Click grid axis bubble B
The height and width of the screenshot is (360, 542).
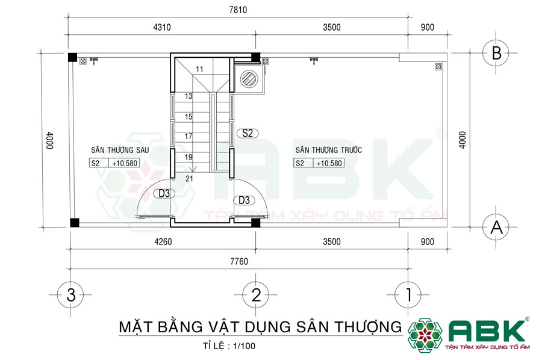[x=497, y=52]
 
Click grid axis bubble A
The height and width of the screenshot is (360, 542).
[x=497, y=227]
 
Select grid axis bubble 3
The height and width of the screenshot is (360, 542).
[x=71, y=294]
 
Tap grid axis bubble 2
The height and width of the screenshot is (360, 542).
[x=256, y=294]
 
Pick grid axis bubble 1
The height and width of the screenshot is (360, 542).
[x=409, y=294]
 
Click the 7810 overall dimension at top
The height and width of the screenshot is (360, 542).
[x=238, y=10]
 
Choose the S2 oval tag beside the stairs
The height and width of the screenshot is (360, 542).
[x=247, y=134]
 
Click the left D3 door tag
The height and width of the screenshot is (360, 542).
[x=163, y=193]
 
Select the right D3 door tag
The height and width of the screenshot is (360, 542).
[x=243, y=200]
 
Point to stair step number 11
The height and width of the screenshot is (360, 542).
[x=199, y=70]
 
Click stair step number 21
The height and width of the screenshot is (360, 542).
[x=189, y=178]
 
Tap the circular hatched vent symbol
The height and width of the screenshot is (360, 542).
[x=248, y=78]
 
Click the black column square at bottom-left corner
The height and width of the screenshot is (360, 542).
[x=73, y=222]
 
